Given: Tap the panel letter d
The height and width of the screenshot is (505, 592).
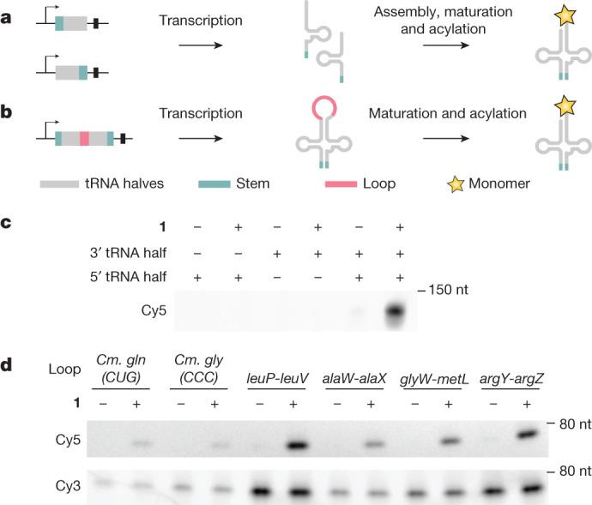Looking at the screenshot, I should (8, 365).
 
